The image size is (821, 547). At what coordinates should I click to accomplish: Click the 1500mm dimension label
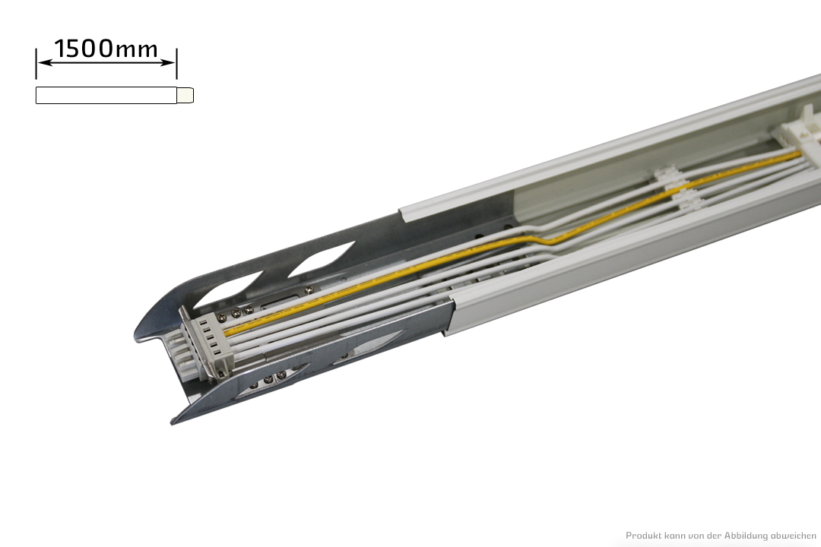click(x=106, y=48)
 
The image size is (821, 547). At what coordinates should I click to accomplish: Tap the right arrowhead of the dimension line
click(x=168, y=63)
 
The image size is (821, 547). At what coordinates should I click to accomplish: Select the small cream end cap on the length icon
click(x=185, y=95)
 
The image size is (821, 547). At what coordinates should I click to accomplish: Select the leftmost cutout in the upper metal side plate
click(x=242, y=289)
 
